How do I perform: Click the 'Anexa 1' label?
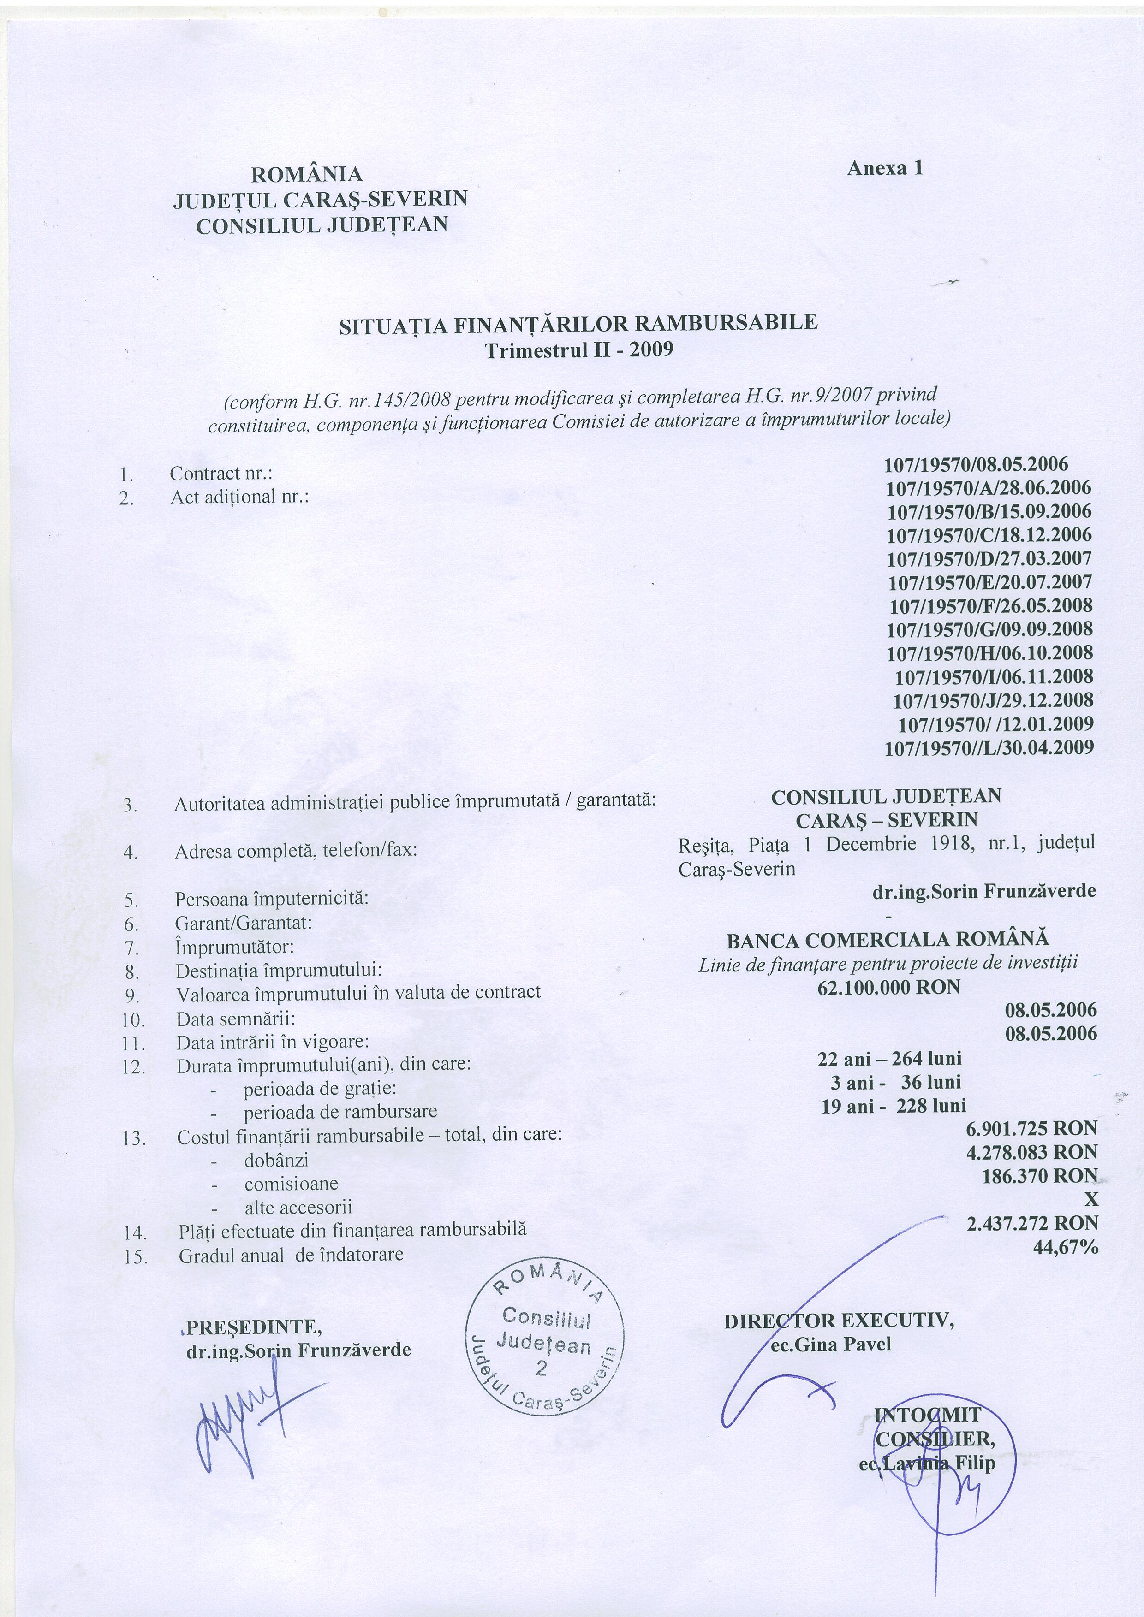click(x=885, y=168)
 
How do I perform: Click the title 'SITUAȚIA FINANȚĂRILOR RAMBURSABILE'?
click(x=578, y=324)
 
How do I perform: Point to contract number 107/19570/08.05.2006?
click(x=976, y=465)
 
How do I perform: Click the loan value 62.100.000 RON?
click(x=889, y=987)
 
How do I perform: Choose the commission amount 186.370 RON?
click(x=1040, y=1175)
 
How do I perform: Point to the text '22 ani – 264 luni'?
click(x=890, y=1059)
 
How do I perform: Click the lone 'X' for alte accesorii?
click(x=1091, y=1199)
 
